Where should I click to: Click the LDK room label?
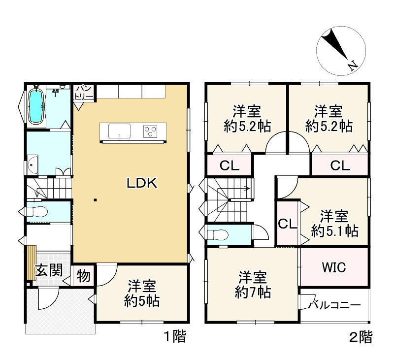[x=142, y=184]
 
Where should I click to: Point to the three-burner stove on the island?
[x=150, y=131]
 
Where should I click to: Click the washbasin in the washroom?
[x=33, y=164]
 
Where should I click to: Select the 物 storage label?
[x=84, y=276]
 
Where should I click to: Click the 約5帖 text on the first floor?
[x=142, y=300]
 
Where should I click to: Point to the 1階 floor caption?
[x=174, y=338]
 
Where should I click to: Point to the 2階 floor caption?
[x=361, y=338]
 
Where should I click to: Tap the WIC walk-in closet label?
[x=334, y=267]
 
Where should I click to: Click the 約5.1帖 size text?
[x=334, y=230]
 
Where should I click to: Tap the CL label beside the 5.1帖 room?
[x=288, y=224]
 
